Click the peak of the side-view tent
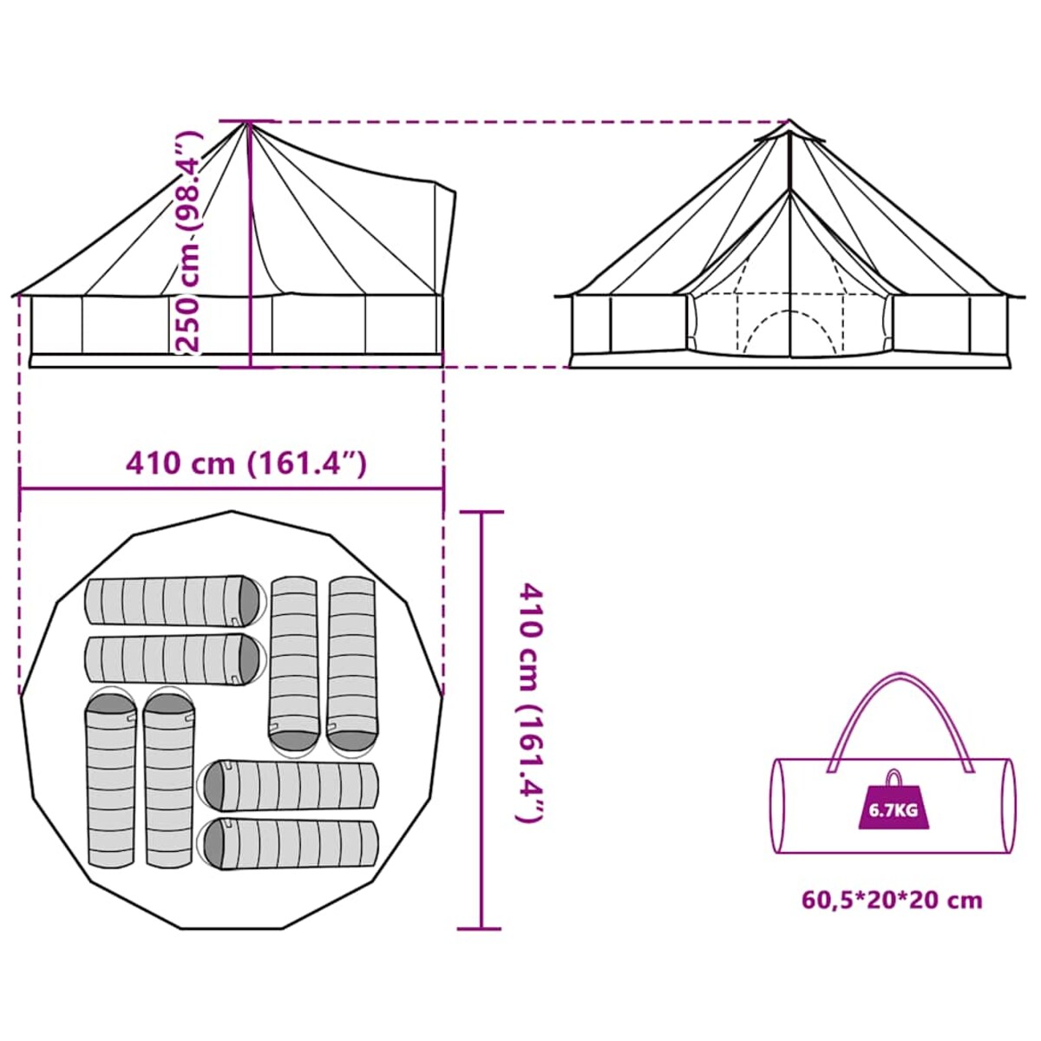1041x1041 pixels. (248, 123)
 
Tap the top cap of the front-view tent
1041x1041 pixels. (789, 131)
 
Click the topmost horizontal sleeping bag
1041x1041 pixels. (175, 601)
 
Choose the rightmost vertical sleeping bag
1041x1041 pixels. (351, 666)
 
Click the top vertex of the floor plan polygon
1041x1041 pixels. (232, 510)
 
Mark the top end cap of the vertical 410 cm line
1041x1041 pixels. (481, 512)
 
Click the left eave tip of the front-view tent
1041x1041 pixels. (556, 296)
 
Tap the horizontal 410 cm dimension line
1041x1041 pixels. (232, 489)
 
